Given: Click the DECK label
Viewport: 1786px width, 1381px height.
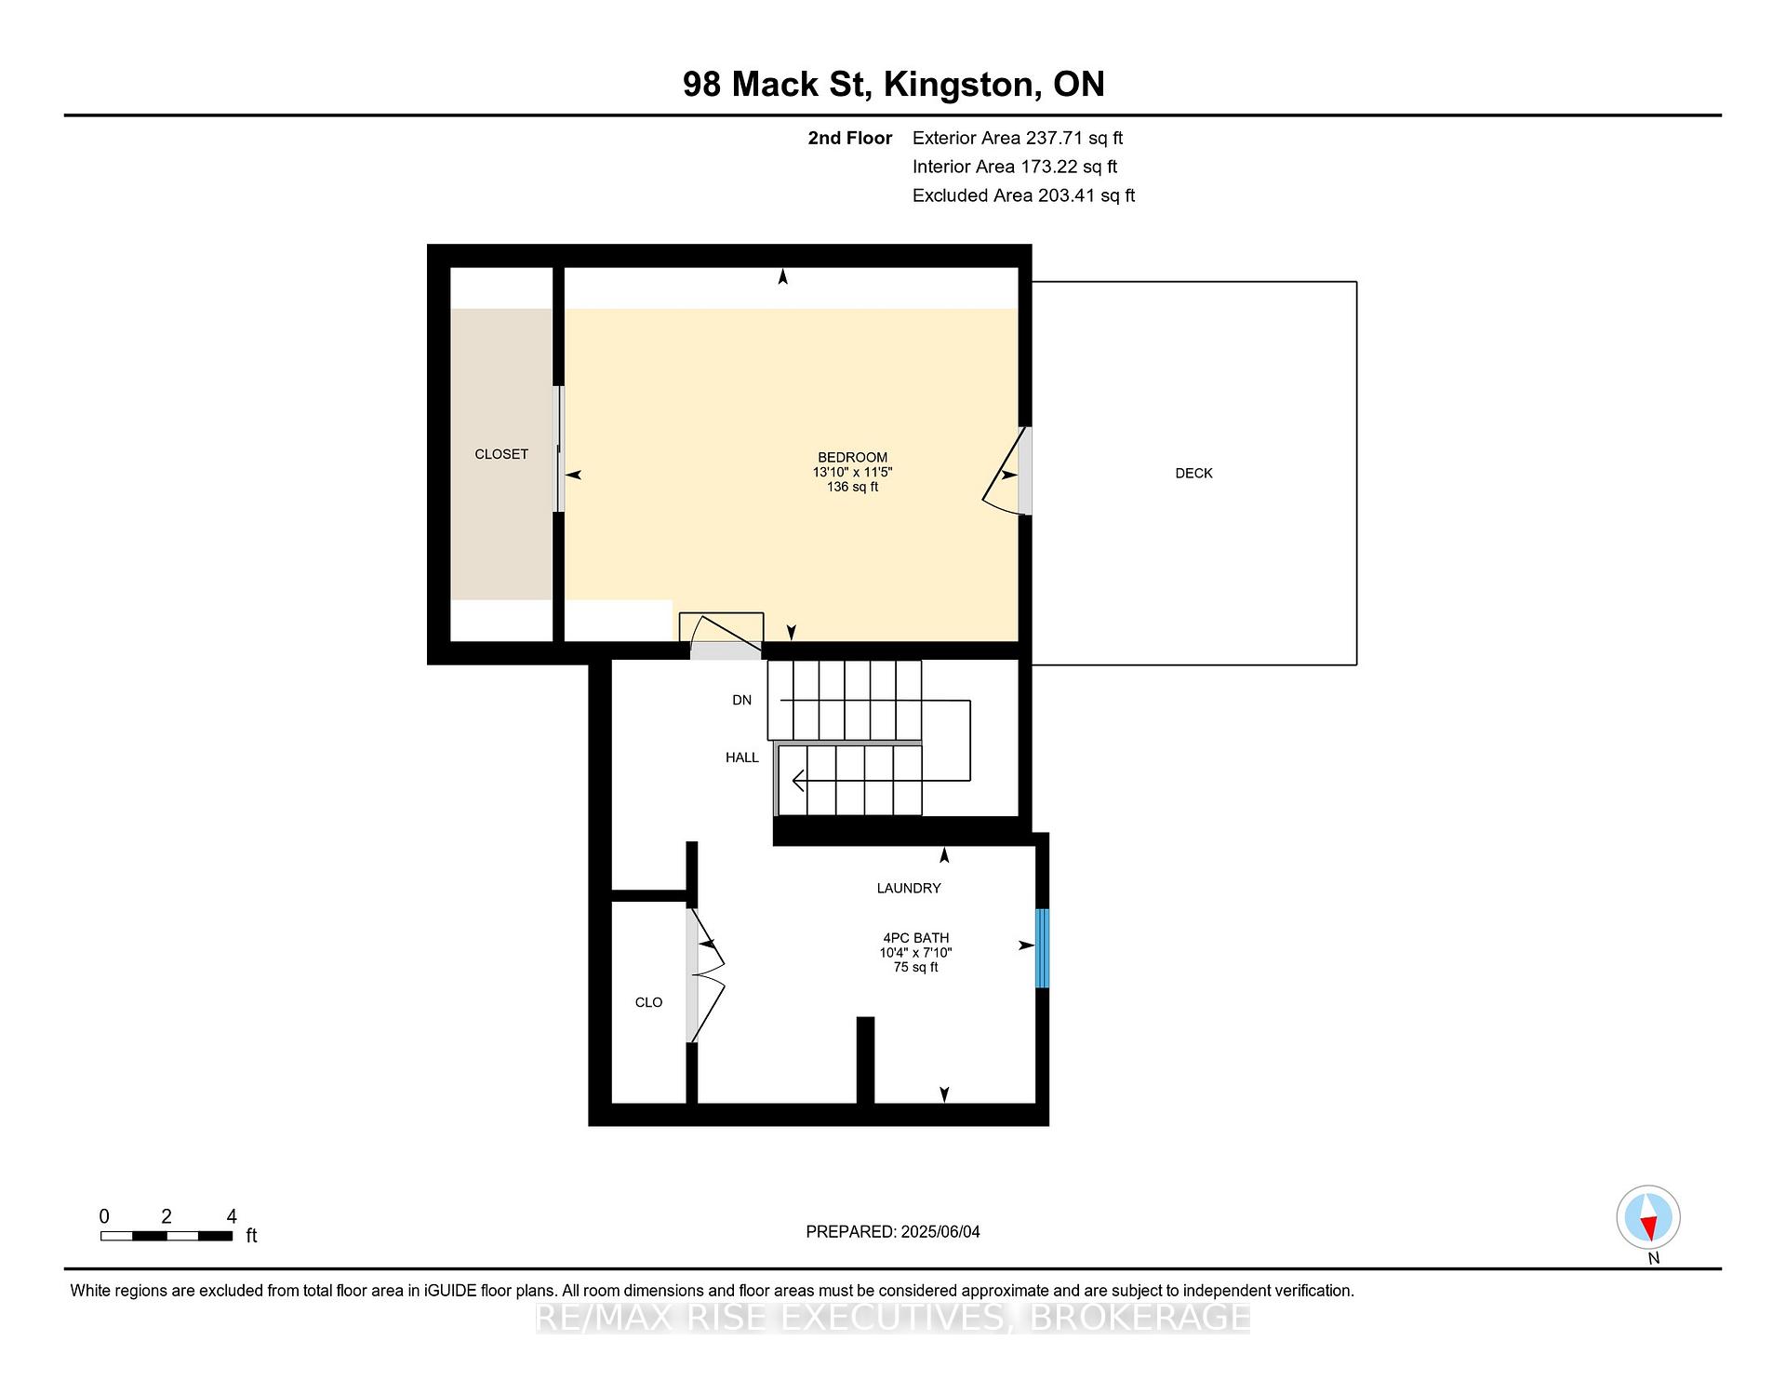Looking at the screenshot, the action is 1193,473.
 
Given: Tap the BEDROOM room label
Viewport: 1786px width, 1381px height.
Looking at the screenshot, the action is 852,457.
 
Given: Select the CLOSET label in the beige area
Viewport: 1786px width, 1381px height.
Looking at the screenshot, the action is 501,454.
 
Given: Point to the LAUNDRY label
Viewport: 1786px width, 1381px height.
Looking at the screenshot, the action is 909,888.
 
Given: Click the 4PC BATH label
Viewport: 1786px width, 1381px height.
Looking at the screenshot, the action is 916,938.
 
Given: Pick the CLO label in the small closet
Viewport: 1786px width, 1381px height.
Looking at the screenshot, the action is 648,1002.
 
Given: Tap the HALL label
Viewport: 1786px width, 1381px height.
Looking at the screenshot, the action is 742,758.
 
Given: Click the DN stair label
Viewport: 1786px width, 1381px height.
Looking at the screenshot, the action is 741,700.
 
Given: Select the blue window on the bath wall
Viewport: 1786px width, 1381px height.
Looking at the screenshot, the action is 1043,948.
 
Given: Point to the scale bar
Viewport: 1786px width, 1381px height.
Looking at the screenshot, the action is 167,1236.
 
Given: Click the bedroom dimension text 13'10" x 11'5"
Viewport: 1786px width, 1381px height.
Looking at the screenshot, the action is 852,472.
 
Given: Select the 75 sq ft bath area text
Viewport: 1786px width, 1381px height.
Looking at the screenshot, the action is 916,967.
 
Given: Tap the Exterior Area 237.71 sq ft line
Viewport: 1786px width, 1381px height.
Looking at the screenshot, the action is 1018,138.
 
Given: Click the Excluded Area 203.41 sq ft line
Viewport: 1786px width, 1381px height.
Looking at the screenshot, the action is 1023,195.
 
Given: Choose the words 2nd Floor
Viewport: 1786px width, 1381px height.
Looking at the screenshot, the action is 849,138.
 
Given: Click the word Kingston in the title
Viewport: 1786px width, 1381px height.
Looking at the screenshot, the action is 962,85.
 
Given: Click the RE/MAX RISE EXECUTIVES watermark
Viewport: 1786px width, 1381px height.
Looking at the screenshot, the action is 893,1317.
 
